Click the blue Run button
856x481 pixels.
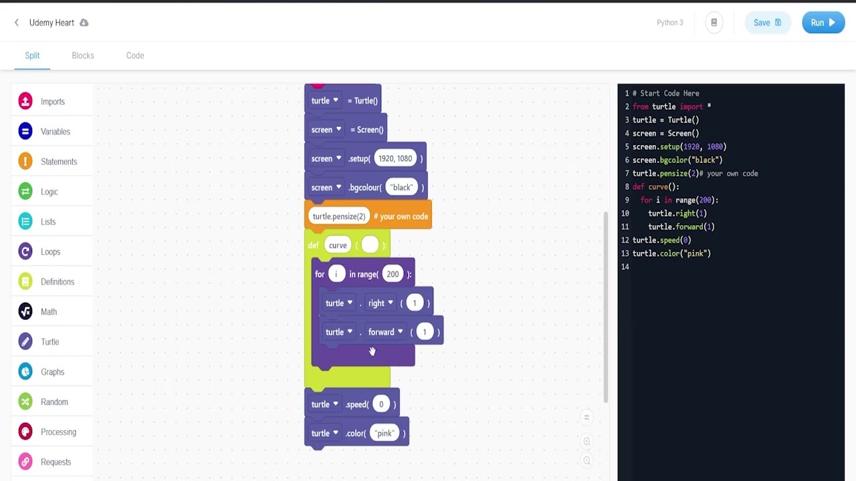(823, 23)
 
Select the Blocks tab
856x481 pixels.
(83, 55)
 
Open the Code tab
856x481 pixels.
(135, 55)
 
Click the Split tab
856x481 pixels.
(32, 55)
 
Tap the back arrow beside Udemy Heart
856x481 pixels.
(17, 23)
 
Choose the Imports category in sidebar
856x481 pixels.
(52, 102)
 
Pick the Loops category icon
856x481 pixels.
(25, 252)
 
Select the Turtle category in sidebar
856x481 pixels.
(49, 342)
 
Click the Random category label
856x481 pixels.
(54, 402)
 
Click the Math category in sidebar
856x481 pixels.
(48, 312)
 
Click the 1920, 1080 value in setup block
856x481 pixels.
(395, 158)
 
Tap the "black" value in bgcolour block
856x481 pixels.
(402, 188)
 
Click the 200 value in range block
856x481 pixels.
(393, 274)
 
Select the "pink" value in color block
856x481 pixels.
(384, 434)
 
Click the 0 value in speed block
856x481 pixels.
(381, 404)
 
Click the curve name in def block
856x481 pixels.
(338, 245)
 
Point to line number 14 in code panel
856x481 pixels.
(625, 267)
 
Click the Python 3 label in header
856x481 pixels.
(669, 23)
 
